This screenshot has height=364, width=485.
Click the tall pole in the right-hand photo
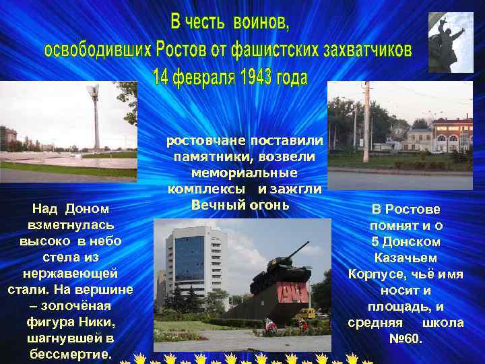coord(366,121)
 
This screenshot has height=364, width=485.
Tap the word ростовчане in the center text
coord(207,140)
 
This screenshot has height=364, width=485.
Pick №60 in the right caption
coord(406,338)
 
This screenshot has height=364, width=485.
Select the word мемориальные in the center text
coord(245,173)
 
